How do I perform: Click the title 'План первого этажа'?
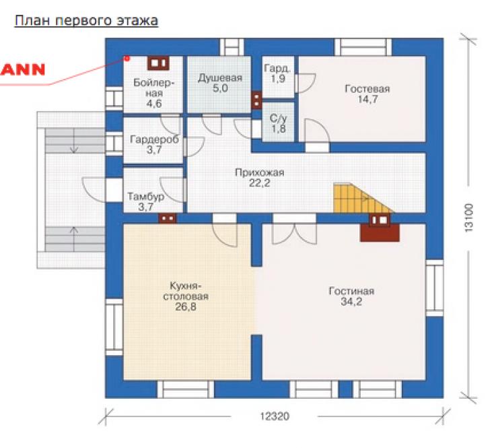coord(86,21)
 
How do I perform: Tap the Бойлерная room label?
coord(154,93)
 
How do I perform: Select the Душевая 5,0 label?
coord(220,83)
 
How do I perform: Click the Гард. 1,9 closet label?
coord(277,73)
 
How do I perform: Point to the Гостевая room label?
coord(367,94)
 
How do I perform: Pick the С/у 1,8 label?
coord(278,123)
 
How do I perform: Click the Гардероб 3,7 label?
coord(154,144)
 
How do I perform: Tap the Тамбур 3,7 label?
coord(146,201)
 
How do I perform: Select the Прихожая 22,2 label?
coord(260,177)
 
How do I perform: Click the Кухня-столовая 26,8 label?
coord(186,296)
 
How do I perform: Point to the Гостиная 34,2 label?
coord(351,296)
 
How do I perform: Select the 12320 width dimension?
coord(275,416)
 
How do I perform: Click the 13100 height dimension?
coord(469,218)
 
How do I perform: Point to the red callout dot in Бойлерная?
coord(127,58)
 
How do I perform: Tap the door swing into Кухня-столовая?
coord(225,235)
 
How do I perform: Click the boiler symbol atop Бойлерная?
coord(158,63)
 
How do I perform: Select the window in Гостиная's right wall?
coord(435,288)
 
